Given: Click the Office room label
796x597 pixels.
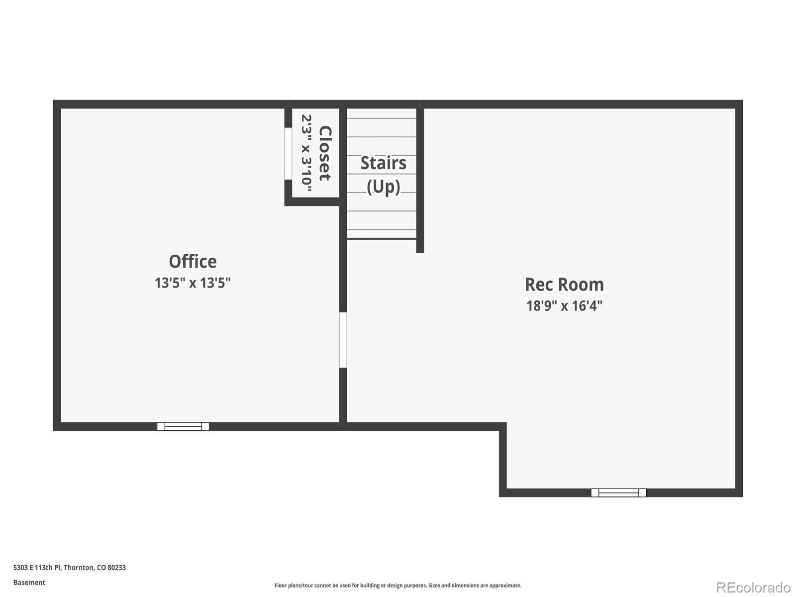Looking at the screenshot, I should coord(193,262).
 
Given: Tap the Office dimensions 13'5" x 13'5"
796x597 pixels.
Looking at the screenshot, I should coord(193,283).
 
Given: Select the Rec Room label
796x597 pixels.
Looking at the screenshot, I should coord(564,285).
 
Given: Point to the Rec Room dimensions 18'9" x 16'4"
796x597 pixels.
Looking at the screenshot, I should coord(564,305).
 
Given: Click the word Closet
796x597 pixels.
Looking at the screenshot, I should coord(324,153).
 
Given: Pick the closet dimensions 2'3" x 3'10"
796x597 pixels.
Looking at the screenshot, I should coord(306,153).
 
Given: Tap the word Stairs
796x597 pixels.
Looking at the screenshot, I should coord(383,163).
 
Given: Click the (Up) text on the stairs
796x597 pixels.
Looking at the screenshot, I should coord(383,187).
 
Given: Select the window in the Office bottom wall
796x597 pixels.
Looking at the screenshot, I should coord(183,426).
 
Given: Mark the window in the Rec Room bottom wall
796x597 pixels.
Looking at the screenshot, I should coord(618,493).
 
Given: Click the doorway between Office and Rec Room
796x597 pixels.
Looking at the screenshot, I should coord(343,340).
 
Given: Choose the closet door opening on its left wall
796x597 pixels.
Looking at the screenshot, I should coord(288,153).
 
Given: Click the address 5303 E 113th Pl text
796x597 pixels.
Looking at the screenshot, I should coord(37,568).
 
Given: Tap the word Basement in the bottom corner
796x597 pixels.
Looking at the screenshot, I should coord(29,583).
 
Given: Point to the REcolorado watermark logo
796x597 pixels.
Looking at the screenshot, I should coord(753,588).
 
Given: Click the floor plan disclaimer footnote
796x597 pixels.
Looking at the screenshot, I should coord(398,586).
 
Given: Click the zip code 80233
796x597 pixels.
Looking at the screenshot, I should coord(117,568).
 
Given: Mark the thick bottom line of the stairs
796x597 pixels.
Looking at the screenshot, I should coord(382,239).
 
